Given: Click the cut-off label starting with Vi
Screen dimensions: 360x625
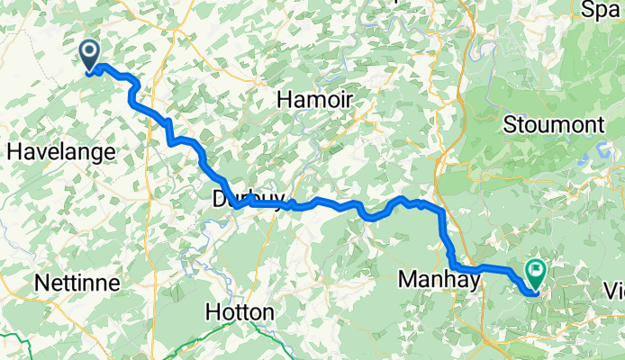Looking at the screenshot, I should [615, 290].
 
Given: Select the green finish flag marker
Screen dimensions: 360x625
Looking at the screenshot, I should [537, 270].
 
